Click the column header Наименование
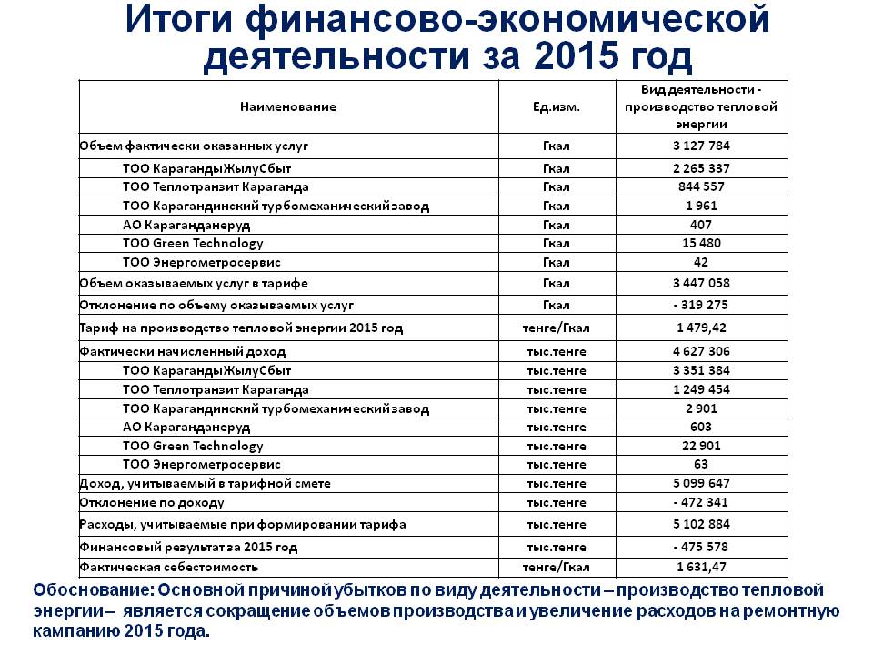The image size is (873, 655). (x=287, y=106)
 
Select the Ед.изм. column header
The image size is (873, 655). (x=556, y=106)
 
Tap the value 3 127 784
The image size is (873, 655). (x=701, y=146)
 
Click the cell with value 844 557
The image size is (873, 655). (x=701, y=186)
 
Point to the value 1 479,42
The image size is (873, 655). (x=701, y=327)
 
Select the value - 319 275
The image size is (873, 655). (x=701, y=305)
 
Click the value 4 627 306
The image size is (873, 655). (x=701, y=351)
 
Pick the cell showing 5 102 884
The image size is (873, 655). (x=701, y=525)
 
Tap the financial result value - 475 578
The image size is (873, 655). (x=701, y=548)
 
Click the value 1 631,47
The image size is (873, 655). (x=701, y=568)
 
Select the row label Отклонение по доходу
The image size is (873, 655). (x=152, y=502)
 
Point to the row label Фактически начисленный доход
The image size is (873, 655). (x=183, y=351)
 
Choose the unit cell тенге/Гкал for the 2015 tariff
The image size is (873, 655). (x=556, y=327)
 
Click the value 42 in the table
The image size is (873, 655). (x=701, y=262)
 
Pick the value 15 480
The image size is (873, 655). (x=701, y=243)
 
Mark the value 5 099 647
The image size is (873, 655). (x=701, y=483)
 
